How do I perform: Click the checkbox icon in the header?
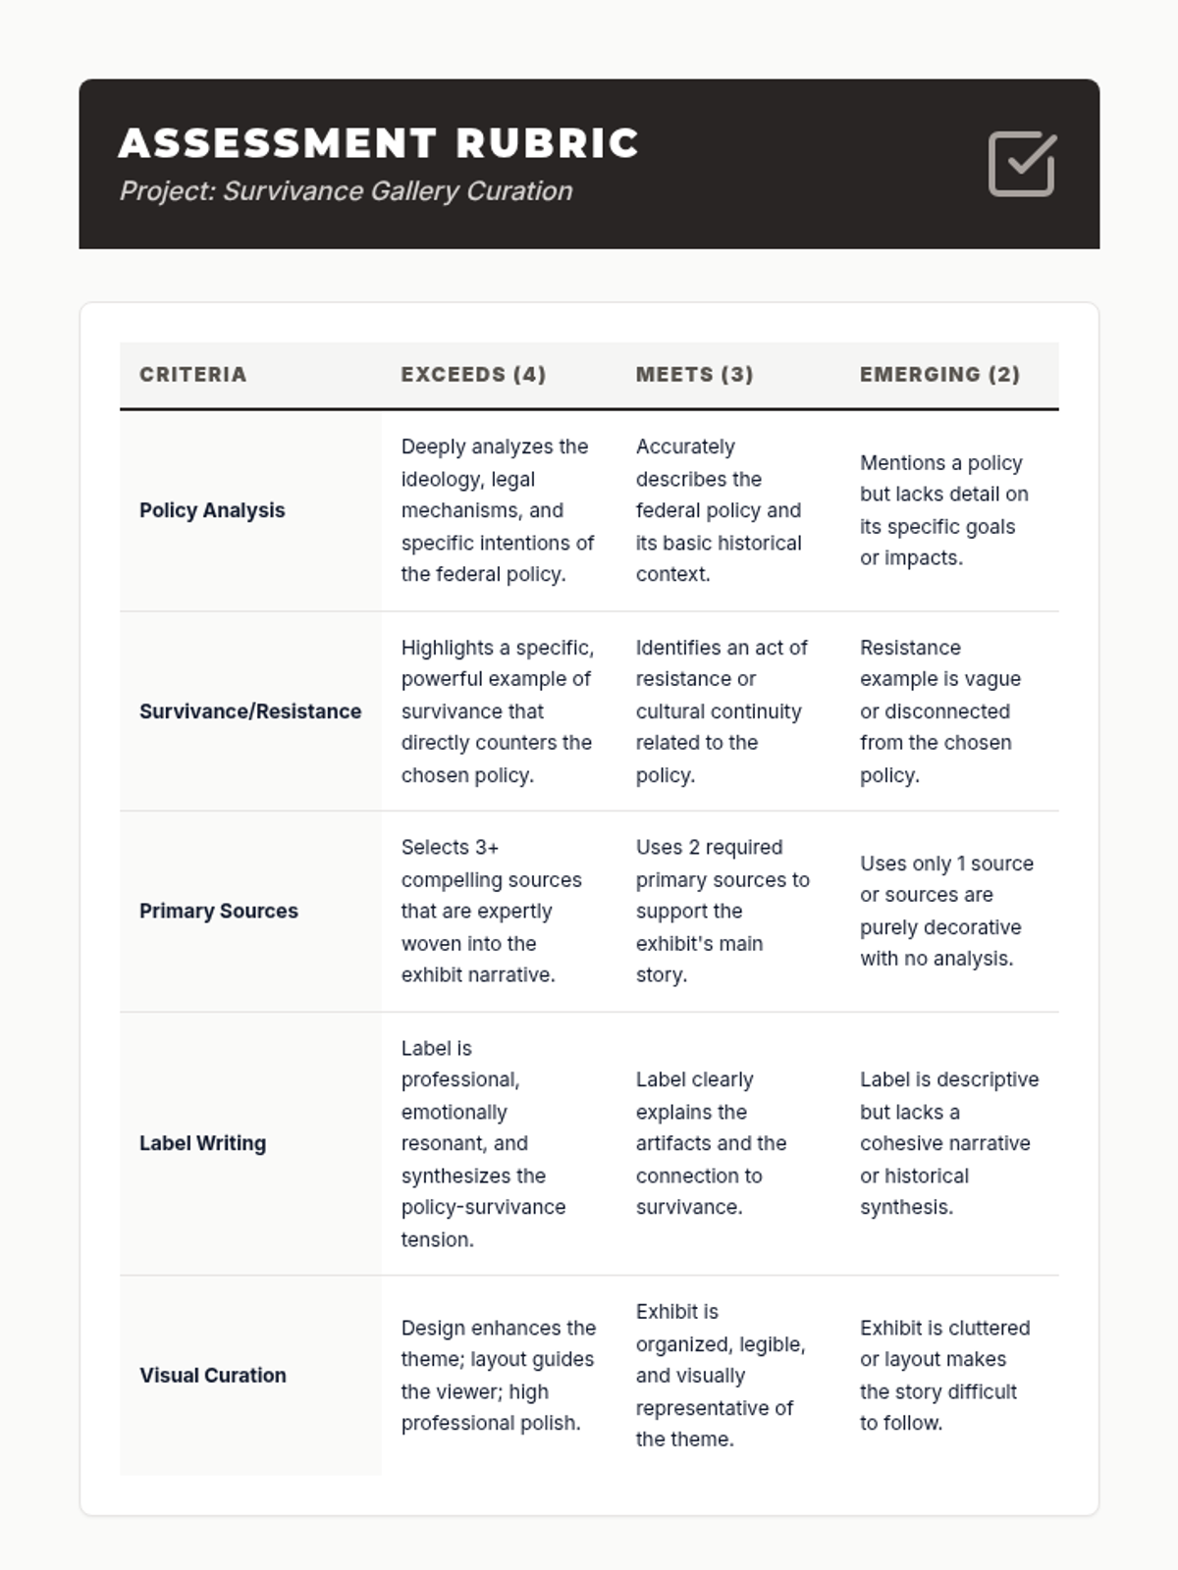coord(1022,164)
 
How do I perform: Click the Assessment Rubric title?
coord(379,143)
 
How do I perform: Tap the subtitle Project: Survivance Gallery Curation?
coord(346,190)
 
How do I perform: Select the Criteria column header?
coord(193,374)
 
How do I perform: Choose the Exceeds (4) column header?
coord(473,374)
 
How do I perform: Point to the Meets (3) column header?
coord(695,374)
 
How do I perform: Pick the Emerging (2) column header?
coord(940,374)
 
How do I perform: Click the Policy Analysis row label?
coord(212,510)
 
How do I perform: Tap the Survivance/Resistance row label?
coord(250,711)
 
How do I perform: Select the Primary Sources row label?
coord(219,911)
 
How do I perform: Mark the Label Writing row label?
coord(203,1143)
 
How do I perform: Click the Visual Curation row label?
coord(213,1375)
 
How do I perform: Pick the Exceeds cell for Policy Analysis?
coord(498,510)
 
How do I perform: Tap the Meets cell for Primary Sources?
coord(723,911)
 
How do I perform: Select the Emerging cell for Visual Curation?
coord(944,1375)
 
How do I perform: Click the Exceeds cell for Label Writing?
coord(483,1143)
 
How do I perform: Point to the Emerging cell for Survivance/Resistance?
coord(939,711)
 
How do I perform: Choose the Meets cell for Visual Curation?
coord(720,1375)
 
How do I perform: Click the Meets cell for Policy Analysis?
coord(719,510)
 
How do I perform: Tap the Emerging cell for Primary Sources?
coord(946,911)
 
